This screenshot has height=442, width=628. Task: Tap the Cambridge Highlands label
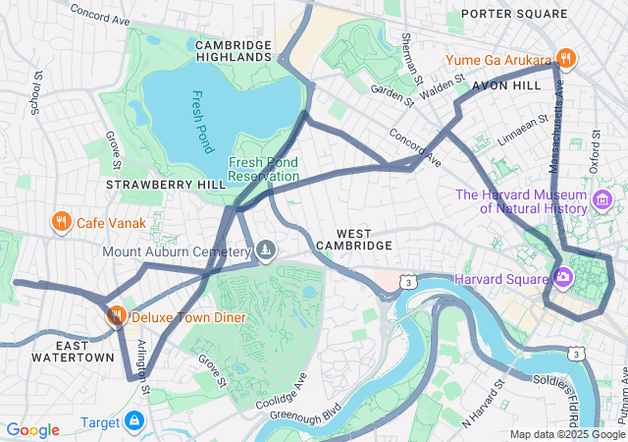[x=234, y=51]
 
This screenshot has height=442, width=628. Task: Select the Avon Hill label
[x=506, y=86]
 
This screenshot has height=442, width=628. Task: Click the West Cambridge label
[x=356, y=237]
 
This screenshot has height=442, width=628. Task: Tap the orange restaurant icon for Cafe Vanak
[x=61, y=222]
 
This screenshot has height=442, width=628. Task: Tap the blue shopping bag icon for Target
[x=133, y=422]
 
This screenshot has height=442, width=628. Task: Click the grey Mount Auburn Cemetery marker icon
[x=265, y=252]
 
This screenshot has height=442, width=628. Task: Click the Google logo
[x=32, y=429]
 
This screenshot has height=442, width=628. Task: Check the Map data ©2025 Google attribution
[x=567, y=434]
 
